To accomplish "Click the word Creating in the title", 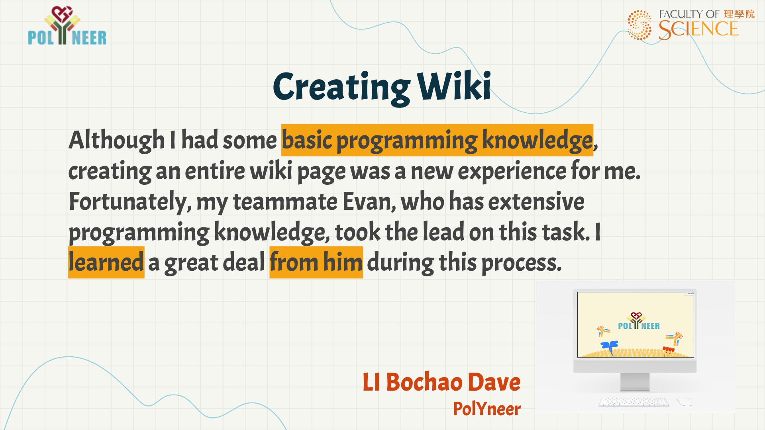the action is (341, 88).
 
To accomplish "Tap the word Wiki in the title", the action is (454, 85).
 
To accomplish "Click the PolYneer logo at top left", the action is (67, 25).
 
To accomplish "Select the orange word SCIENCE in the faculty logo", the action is (698, 29).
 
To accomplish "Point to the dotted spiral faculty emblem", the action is (639, 25).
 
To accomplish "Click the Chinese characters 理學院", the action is (739, 14).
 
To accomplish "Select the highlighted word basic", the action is (307, 140).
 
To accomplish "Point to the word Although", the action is (116, 140).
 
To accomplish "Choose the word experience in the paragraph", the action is (512, 172).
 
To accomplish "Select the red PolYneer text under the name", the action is (487, 409).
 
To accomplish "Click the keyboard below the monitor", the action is (634, 402).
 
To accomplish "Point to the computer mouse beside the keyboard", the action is (684, 401).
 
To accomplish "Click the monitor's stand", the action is (635, 383).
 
